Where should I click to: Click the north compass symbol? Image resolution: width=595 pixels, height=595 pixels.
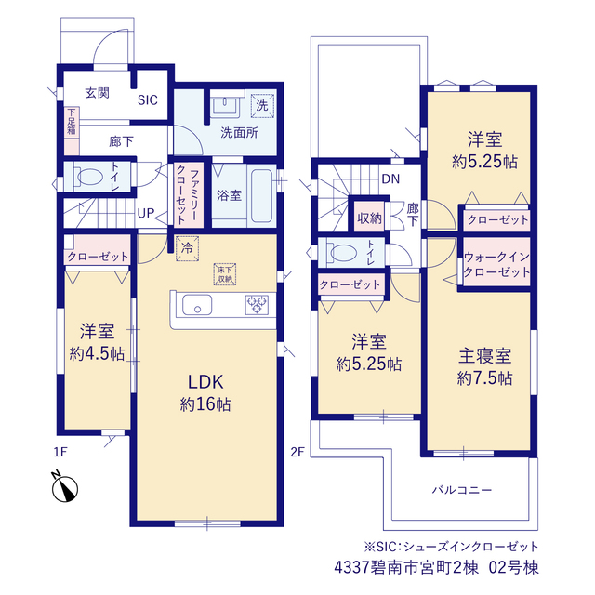(64, 487)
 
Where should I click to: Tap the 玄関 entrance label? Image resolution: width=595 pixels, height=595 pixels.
(97, 93)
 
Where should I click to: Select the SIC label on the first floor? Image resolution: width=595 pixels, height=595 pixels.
(147, 100)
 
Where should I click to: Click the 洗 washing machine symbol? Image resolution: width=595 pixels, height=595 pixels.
(262, 105)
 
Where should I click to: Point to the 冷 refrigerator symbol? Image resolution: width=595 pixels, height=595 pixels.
(187, 248)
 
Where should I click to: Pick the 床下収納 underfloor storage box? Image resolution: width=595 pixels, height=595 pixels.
(225, 274)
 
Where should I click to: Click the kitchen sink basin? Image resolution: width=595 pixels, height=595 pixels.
(197, 305)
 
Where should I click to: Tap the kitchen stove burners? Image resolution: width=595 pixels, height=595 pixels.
(257, 305)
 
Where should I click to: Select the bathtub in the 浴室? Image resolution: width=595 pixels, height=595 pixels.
(261, 196)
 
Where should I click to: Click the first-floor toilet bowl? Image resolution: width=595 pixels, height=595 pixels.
(90, 177)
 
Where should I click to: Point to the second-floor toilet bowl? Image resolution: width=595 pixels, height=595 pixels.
(344, 252)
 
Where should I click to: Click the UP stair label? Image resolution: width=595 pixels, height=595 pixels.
(146, 213)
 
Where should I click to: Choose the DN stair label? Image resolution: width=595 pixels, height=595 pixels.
(390, 178)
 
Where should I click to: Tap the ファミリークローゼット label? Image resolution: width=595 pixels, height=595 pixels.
(188, 195)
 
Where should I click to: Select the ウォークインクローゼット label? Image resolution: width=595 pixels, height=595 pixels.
(496, 264)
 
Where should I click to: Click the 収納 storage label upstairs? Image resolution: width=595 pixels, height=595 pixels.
(369, 218)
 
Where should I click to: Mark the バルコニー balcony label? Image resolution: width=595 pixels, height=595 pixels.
(462, 490)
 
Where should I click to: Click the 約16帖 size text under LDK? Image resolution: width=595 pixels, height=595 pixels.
(205, 404)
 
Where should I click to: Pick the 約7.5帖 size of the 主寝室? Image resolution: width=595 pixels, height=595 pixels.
(485, 378)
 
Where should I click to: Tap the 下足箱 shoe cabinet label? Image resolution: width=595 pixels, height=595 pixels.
(72, 122)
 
